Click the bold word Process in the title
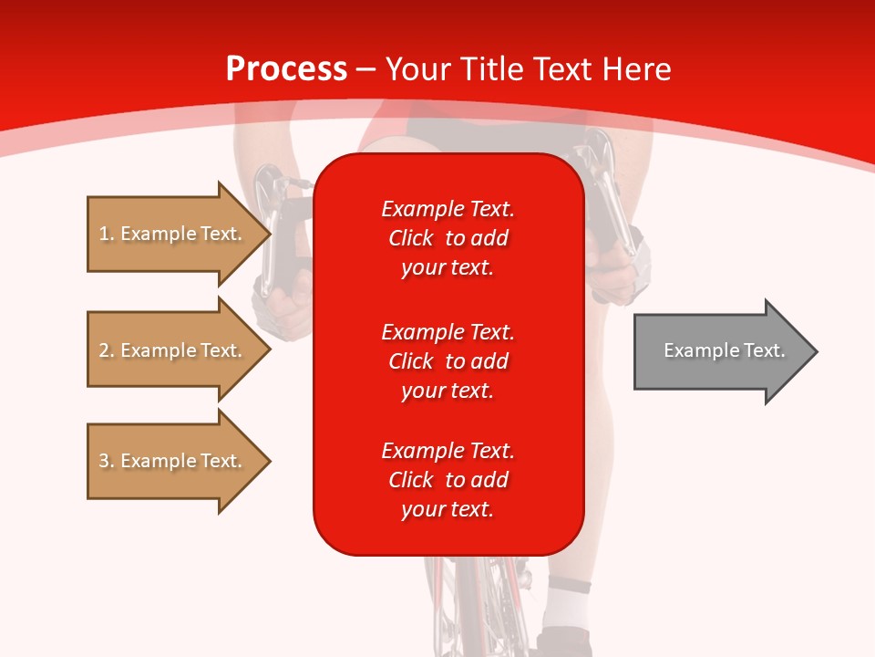point(286,69)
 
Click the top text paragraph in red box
point(448,238)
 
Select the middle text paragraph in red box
point(448,360)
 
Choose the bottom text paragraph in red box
point(448,480)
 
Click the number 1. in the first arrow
point(107,234)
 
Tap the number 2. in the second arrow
point(107,350)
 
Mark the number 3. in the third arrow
point(107,461)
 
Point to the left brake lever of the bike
point(270,228)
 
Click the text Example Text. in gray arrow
point(724,350)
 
